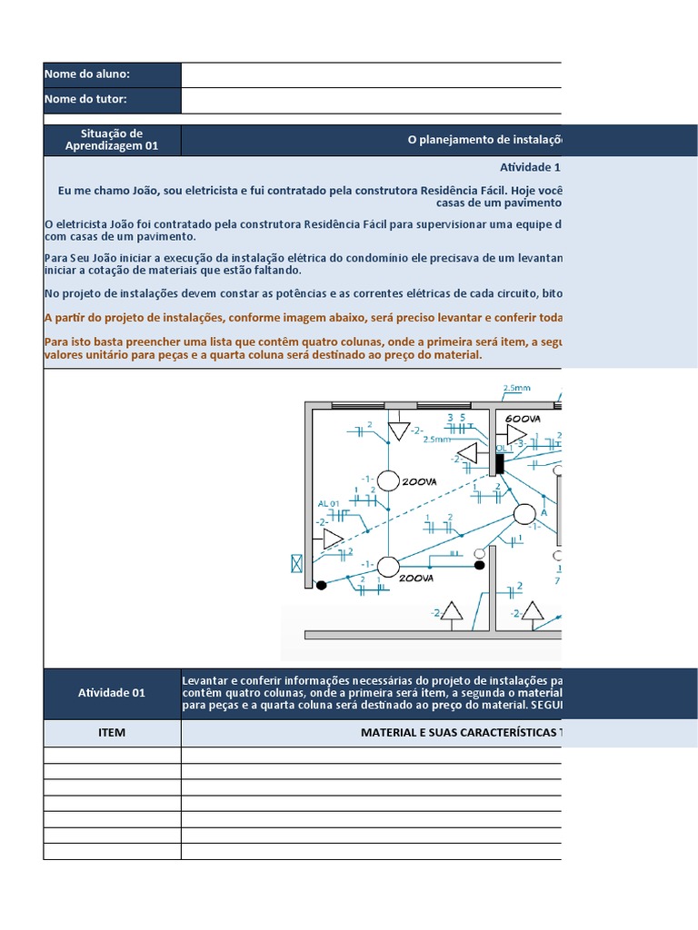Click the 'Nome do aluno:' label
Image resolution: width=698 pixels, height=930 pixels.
(87, 74)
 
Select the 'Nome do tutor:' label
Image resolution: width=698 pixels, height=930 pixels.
(85, 99)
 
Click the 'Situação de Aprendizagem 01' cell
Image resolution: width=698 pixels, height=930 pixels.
(112, 140)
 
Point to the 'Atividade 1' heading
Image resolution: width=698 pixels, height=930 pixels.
(531, 167)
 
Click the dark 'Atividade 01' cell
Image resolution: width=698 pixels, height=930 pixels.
(112, 692)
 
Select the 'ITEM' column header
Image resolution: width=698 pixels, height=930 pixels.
(112, 732)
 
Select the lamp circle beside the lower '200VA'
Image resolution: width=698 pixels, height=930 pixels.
(388, 567)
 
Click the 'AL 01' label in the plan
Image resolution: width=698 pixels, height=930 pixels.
(328, 503)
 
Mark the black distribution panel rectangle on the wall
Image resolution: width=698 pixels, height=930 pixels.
(498, 462)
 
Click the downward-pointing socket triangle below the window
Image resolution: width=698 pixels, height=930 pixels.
(398, 430)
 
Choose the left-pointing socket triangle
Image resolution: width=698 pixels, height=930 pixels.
(468, 453)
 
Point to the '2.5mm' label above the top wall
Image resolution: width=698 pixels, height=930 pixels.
(516, 388)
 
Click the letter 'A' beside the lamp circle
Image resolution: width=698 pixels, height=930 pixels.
(544, 512)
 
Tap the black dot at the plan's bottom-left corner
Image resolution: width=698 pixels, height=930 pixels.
(321, 585)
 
